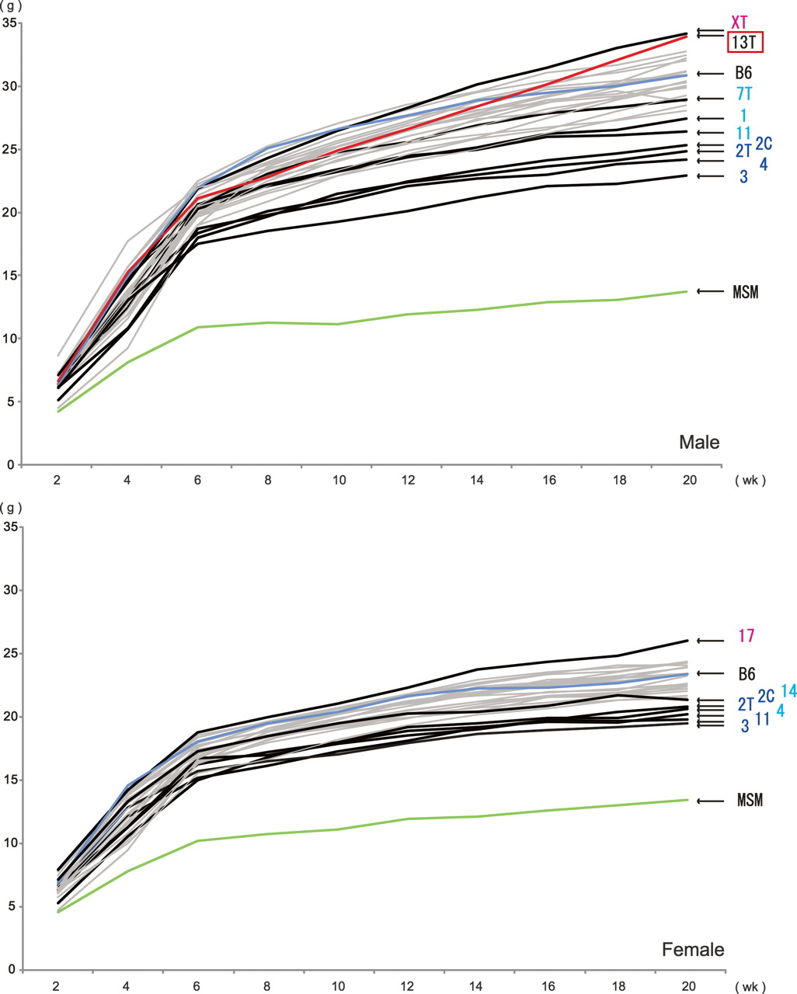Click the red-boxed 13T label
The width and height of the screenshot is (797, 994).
(745, 43)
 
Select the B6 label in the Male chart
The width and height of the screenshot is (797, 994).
(743, 75)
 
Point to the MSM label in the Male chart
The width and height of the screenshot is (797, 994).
(745, 293)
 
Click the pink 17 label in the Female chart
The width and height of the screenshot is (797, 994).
(746, 636)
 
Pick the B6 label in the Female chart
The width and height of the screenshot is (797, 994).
(746, 674)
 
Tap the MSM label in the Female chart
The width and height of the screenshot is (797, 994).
(750, 801)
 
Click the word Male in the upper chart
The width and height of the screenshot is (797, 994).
(699, 443)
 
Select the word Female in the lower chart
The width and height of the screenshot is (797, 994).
(693, 950)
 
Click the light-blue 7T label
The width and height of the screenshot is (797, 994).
(743, 96)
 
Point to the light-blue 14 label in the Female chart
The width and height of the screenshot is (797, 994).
(788, 690)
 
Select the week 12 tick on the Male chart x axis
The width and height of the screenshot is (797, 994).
(407, 481)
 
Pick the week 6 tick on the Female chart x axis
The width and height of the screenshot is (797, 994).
(197, 985)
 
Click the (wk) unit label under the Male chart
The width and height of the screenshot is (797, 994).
(750, 481)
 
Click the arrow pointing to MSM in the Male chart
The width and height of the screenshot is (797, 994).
(708, 292)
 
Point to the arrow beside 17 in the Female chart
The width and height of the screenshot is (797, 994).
(709, 641)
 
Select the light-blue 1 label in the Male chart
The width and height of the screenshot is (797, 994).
(743, 116)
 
